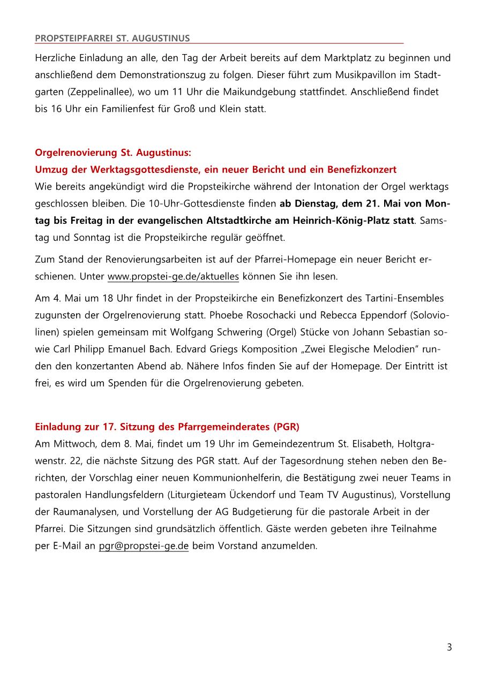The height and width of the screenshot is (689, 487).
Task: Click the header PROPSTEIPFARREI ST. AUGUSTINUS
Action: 112,38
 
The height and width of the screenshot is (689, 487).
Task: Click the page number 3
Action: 449,647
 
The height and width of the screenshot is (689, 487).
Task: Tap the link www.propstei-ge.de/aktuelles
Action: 173,277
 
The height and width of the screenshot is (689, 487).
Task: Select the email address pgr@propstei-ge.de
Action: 144,546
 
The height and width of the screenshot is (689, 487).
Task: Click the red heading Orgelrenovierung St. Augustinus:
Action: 113,153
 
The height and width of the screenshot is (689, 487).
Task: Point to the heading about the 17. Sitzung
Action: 167,427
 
